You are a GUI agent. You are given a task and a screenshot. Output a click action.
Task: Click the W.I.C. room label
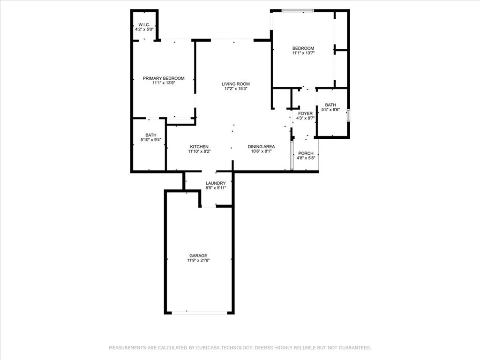pos(144,24)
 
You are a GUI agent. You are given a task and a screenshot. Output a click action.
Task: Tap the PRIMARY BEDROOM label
pos(164,78)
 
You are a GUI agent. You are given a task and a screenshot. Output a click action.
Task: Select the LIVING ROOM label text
pos(236,84)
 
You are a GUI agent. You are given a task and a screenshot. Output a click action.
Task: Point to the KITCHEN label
pos(199,147)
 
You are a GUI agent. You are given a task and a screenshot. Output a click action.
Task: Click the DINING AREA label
pos(261,147)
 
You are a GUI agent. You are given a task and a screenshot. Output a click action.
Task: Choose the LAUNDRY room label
pos(216,183)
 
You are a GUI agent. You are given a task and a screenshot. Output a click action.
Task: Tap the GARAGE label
pos(198,255)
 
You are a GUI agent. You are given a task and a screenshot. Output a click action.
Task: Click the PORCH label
pos(306,153)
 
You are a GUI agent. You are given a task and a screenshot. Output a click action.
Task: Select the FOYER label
pos(306,113)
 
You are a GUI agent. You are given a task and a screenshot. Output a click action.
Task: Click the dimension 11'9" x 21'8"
pos(198,261)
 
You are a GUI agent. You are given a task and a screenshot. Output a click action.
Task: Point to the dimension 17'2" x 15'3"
pos(236,89)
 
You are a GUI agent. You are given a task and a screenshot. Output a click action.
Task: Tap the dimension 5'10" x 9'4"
pos(151,140)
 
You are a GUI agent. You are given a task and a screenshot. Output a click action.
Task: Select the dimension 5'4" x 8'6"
pos(330,110)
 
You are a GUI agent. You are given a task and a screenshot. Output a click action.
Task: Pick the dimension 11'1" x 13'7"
pos(303,53)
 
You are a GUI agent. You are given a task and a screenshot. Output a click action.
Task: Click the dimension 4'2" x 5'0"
pos(144,30)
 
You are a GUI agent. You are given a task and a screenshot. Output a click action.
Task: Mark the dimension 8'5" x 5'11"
pos(216,188)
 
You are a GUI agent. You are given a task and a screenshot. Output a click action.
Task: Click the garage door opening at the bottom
pos(199,313)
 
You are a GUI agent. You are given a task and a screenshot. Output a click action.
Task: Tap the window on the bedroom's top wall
pos(298,11)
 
